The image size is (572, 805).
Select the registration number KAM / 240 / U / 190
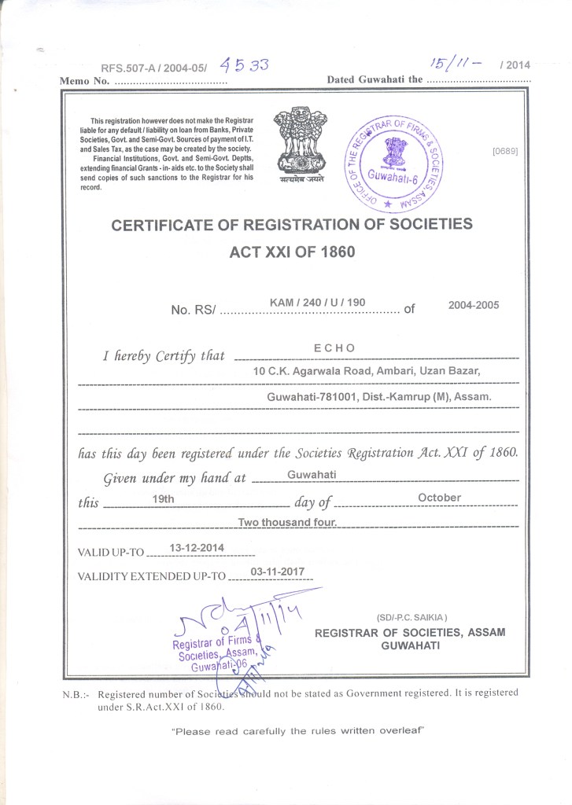tap(317, 301)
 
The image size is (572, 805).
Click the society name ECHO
tap(334, 348)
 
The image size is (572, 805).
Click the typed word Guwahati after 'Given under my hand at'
tap(312, 475)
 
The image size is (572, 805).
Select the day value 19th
tap(162, 498)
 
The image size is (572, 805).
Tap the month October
tap(439, 498)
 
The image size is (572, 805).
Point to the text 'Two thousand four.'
tap(288, 522)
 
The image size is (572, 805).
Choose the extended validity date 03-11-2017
tap(276, 572)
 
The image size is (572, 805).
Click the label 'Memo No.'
tap(83, 82)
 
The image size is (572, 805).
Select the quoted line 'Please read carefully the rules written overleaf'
tap(298, 731)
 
